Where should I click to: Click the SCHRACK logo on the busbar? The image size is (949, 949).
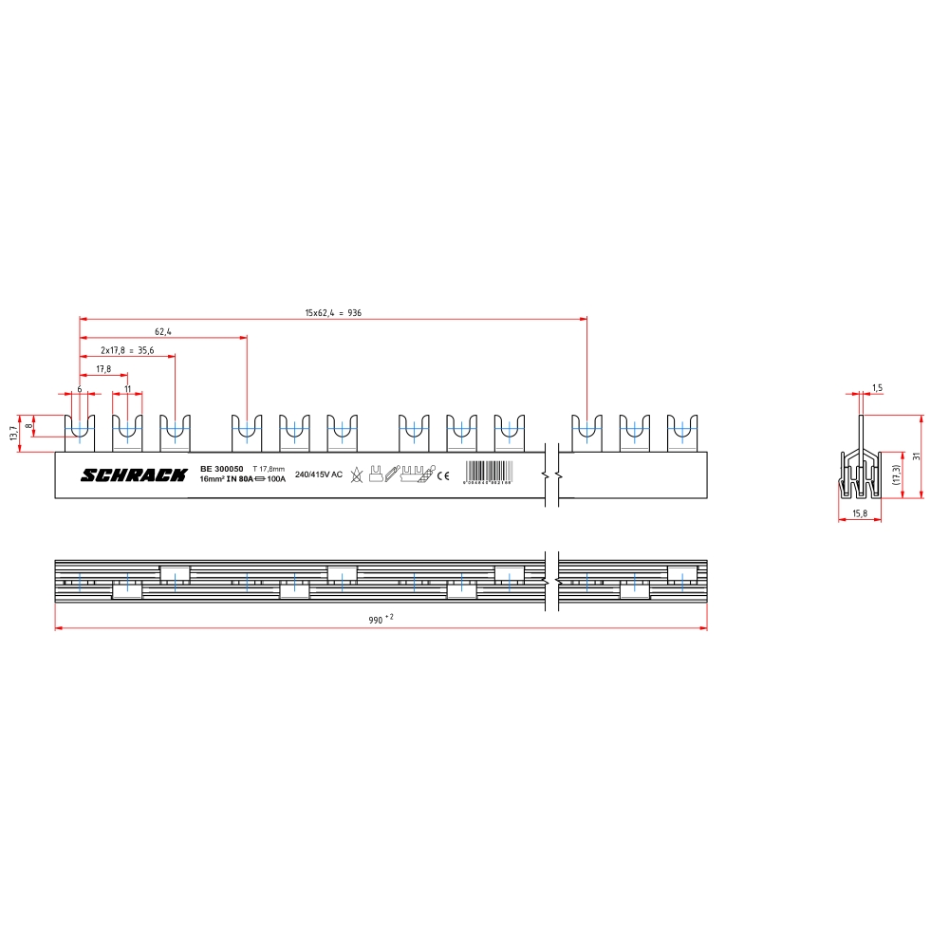134,474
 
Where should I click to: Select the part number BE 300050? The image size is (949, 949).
222,469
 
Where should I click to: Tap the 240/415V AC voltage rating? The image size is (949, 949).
319,474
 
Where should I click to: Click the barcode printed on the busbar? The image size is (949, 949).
490,473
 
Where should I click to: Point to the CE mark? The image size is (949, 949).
443,476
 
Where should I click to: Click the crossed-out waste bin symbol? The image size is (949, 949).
356,474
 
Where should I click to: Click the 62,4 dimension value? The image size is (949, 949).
162,332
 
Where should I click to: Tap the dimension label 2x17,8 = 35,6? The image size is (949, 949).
127,350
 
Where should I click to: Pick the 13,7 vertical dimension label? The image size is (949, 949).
13,433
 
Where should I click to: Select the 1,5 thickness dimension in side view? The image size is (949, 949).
877,388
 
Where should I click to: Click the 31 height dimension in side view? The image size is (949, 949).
915,456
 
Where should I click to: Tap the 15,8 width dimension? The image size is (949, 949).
860,513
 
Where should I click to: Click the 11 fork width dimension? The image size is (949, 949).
127,389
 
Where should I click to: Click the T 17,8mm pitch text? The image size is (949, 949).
269,469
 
